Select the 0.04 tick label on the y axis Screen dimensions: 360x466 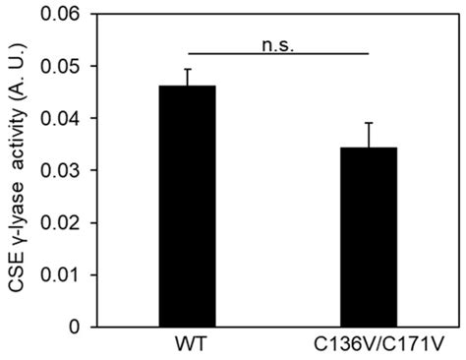(x=58, y=118)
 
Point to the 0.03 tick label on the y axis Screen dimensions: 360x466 (x=58, y=170)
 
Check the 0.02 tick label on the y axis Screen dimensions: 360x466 (x=58, y=222)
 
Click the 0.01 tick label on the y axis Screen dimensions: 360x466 (x=58, y=274)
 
